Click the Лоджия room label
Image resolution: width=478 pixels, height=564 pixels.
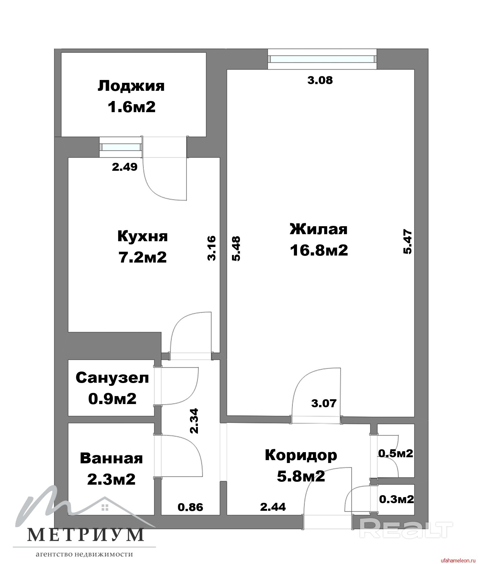[131, 86]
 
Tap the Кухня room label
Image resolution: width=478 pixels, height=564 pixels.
[142, 237]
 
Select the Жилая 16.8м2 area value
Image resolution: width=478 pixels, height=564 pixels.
[319, 250]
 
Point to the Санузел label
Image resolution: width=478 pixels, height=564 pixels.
[112, 378]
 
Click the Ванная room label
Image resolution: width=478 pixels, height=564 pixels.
[111, 459]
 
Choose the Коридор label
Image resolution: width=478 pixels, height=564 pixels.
[301, 455]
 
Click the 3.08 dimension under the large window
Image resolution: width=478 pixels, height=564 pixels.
[320, 80]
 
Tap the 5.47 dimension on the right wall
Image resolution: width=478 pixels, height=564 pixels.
[408, 242]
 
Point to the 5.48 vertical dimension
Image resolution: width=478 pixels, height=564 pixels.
[236, 249]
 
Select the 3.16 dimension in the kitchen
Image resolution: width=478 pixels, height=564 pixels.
[212, 248]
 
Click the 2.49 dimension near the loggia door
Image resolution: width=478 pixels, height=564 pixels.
[125, 167]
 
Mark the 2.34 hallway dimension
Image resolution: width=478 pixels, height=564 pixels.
[194, 421]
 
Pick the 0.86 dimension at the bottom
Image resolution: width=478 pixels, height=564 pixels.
[191, 507]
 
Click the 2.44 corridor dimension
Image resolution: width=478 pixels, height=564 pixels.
[273, 506]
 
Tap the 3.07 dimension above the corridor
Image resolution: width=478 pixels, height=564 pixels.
[324, 403]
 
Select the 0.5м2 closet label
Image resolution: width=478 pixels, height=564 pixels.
[395, 453]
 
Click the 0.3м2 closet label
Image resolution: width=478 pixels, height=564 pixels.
[396, 499]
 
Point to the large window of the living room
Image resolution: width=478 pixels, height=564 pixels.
[322, 59]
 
